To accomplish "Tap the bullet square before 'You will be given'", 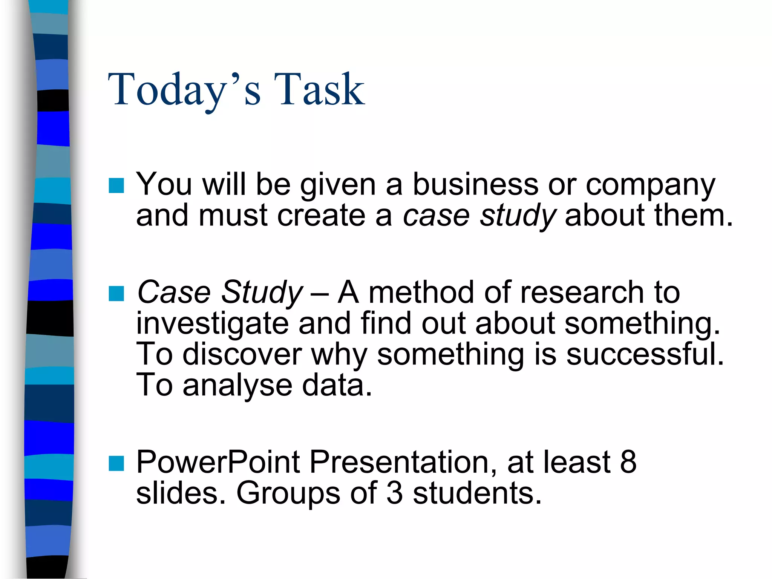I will (116, 185).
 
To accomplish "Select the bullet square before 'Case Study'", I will (116, 294).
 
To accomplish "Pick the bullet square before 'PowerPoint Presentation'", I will (116, 463).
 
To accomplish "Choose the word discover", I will (242, 355).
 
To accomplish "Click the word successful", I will (645, 355).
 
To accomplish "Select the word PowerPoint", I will (218, 462).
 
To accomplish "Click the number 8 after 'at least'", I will (628, 462).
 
